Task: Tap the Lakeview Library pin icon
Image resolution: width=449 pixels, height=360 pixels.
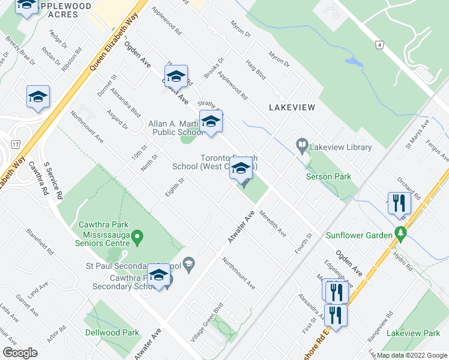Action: coord(302,146)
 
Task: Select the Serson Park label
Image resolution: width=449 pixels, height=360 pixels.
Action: coord(328,176)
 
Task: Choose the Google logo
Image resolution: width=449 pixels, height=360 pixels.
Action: coord(20,353)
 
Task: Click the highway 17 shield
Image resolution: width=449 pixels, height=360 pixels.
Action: coord(15,144)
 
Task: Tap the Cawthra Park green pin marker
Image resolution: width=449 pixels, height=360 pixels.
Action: coord(137,238)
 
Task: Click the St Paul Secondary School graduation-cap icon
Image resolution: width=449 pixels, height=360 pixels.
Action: coord(188,265)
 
